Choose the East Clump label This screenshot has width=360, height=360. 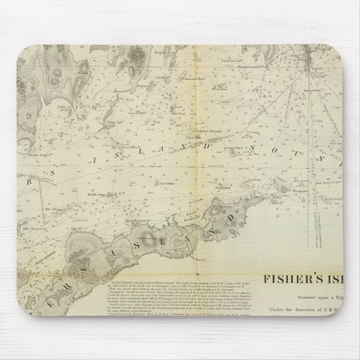(x=167, y=182)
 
